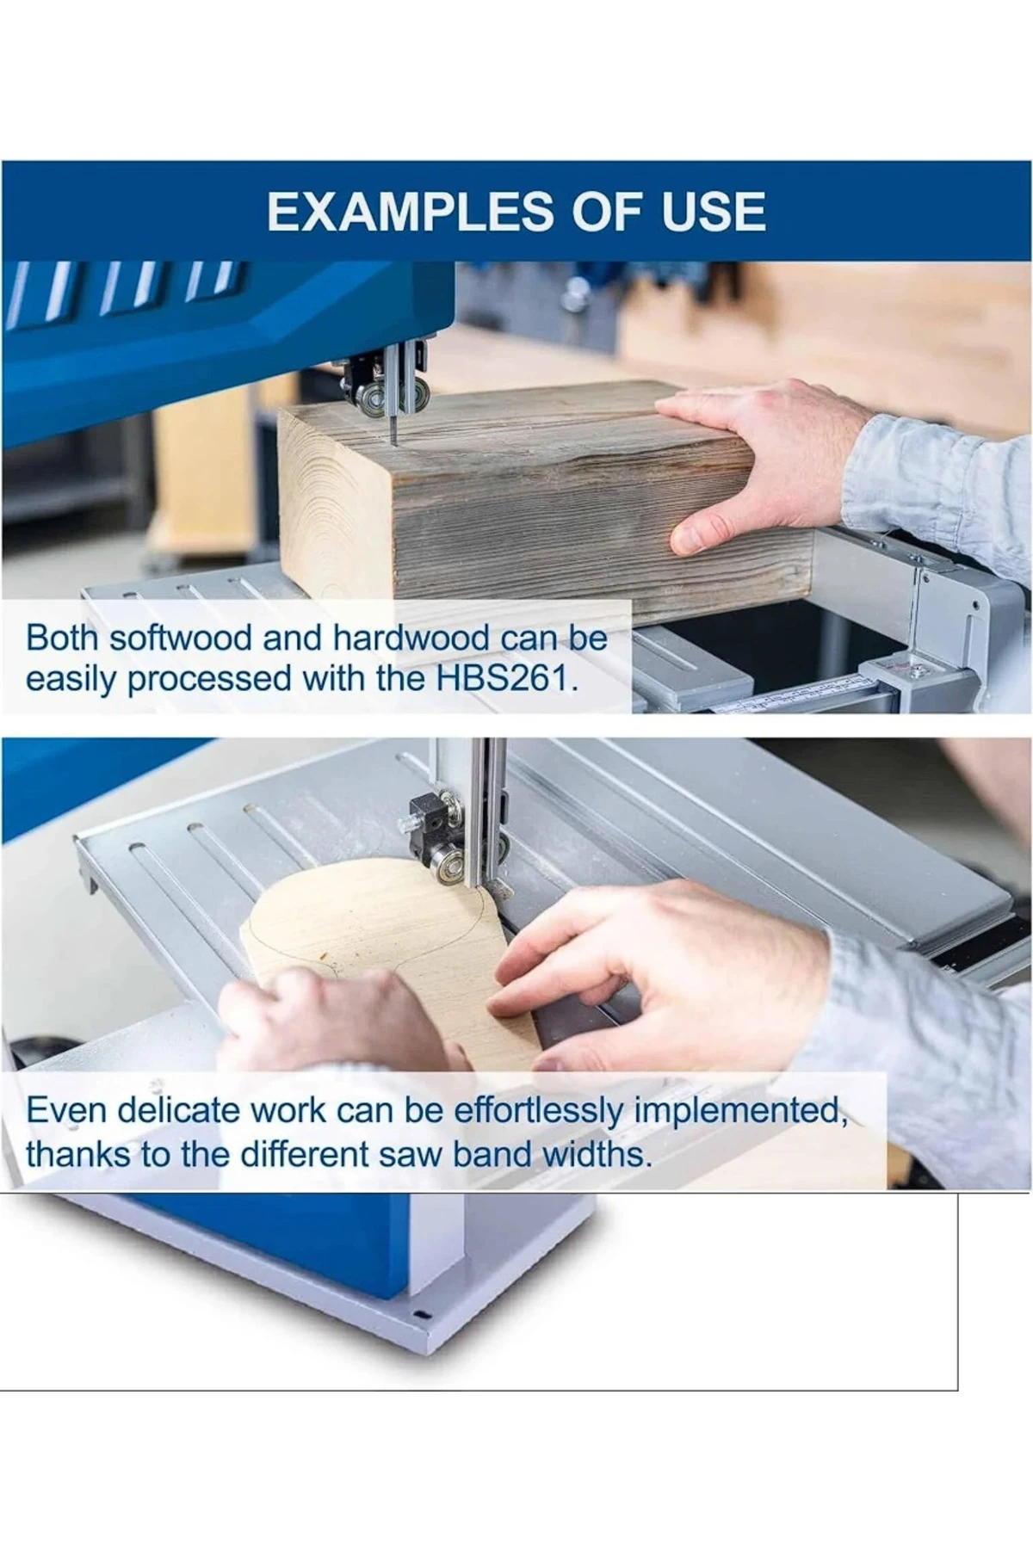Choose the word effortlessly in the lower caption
538,1112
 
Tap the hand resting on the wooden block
758,465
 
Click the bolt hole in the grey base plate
420,1315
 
